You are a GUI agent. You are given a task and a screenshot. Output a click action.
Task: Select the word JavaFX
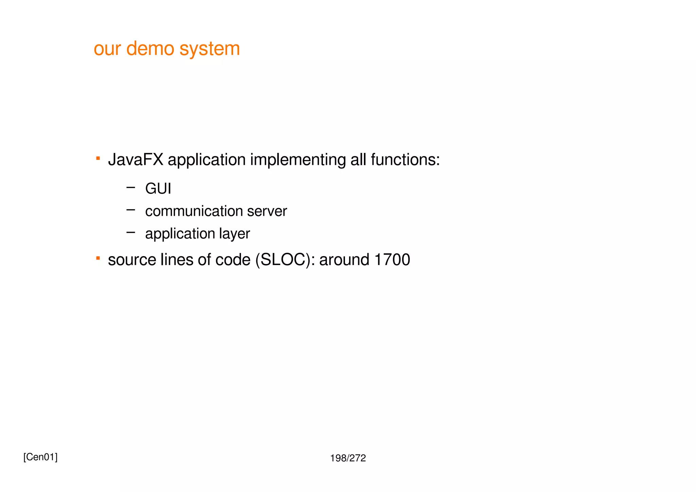click(x=136, y=160)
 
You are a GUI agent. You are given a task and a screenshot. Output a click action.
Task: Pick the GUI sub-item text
click(x=158, y=189)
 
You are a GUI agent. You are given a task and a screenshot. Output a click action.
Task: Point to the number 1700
click(x=392, y=260)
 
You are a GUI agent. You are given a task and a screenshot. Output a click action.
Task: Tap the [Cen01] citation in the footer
click(x=40, y=457)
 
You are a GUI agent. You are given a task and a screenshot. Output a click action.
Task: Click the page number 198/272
click(x=348, y=458)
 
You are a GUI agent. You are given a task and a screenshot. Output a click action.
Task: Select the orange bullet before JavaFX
click(x=98, y=158)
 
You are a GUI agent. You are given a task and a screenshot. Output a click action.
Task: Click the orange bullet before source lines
click(x=98, y=259)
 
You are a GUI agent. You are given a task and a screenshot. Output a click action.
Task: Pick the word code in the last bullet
click(x=233, y=260)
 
